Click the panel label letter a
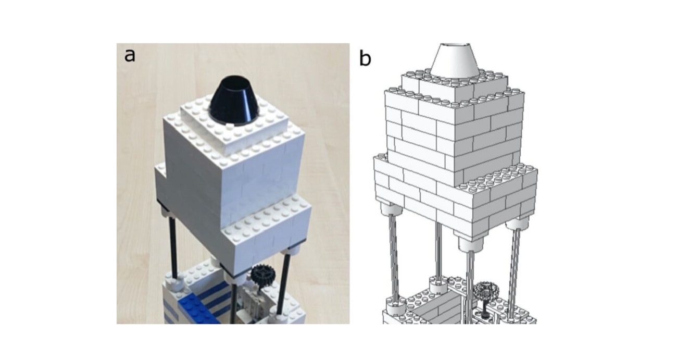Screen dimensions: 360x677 [x=130, y=55]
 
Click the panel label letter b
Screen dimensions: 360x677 [x=366, y=59]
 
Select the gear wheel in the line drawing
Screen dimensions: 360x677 [x=486, y=290]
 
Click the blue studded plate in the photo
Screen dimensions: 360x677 [x=198, y=310]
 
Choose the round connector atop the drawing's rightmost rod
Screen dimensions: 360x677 [x=517, y=224]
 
